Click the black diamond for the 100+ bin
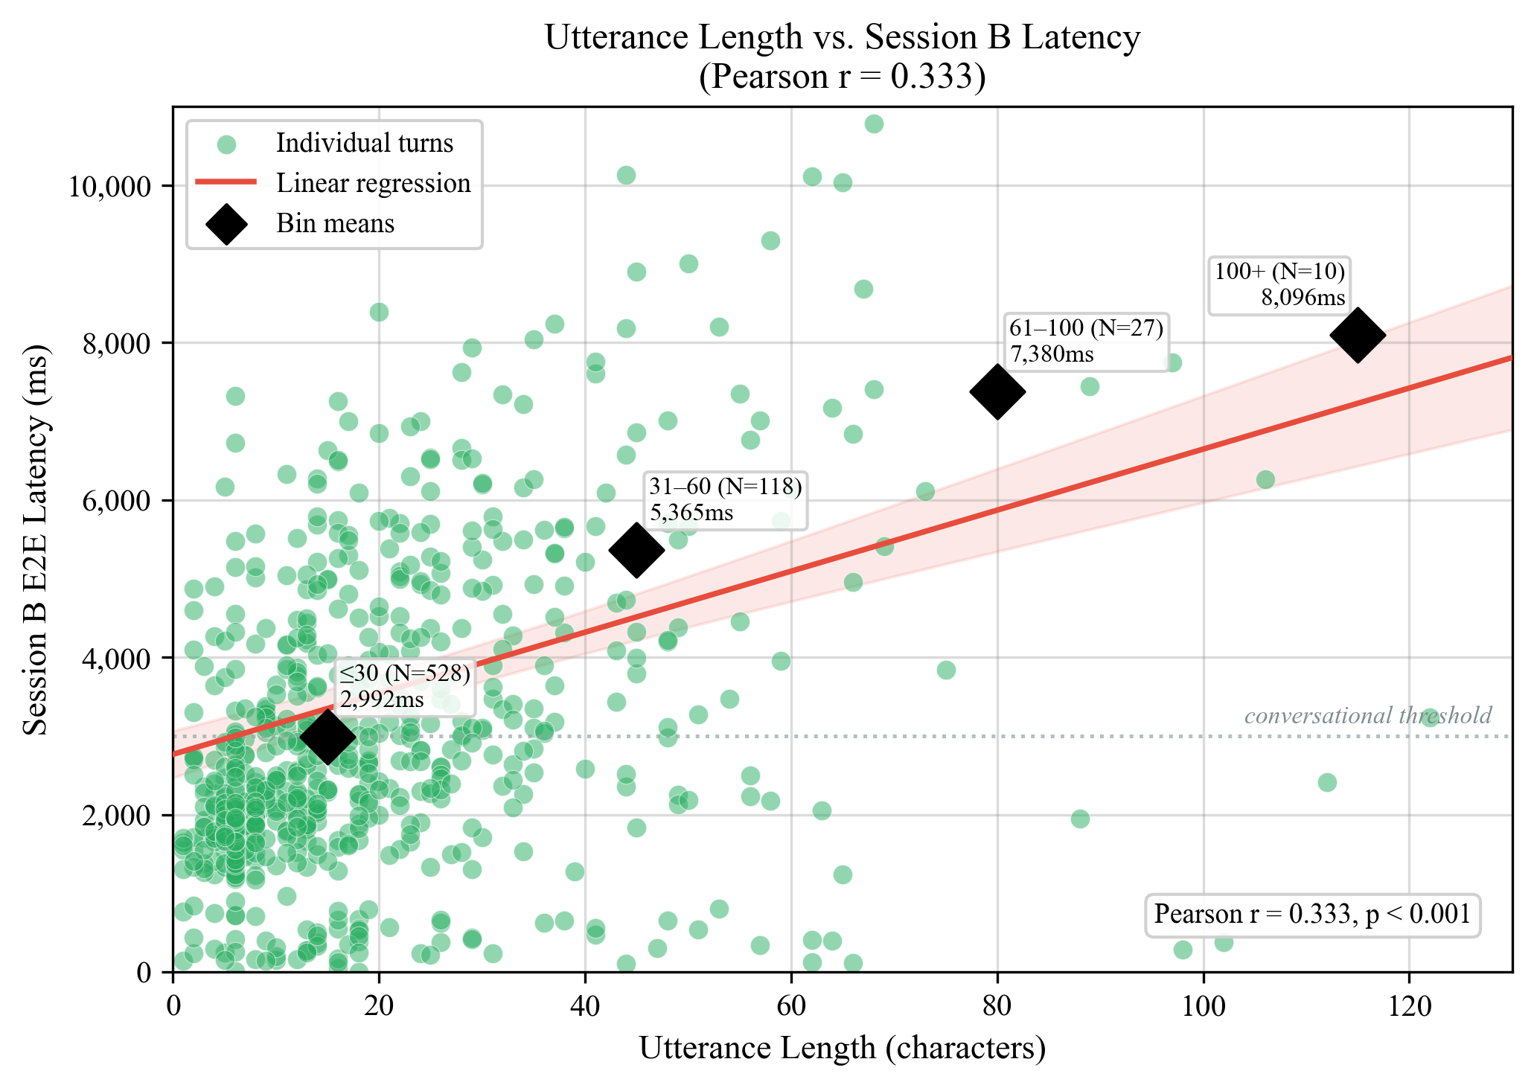click(1358, 336)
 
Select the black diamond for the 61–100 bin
click(997, 391)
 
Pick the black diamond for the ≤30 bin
click(327, 737)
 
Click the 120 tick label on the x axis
click(1409, 1007)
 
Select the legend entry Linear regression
click(373, 183)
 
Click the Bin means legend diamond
click(227, 223)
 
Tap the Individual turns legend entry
click(364, 143)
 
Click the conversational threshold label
click(1368, 716)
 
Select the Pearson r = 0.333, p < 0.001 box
click(1311, 914)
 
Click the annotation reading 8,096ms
click(1303, 298)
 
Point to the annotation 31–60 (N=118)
click(725, 487)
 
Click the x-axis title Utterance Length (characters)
click(842, 1048)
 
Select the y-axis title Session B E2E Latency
click(35, 540)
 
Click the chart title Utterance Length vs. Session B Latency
click(842, 37)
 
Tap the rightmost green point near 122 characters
click(1430, 718)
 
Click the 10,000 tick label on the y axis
click(110, 186)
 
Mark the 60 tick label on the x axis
click(790, 1007)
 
